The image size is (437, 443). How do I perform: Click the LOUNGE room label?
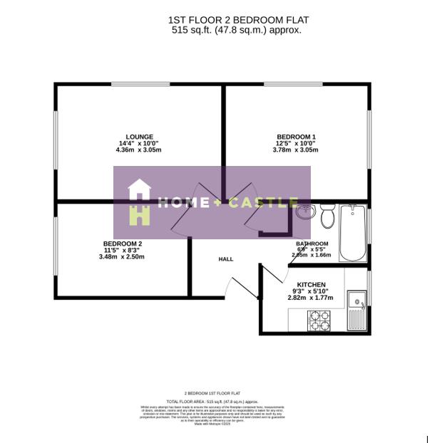pyautogui.click(x=140, y=137)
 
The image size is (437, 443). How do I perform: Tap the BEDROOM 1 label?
pyautogui.click(x=297, y=137)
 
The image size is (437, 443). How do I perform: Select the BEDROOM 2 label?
pyautogui.click(x=123, y=244)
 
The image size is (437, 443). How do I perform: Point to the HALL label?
pyautogui.click(x=226, y=259)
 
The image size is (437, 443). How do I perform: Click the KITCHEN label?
pyautogui.click(x=311, y=285)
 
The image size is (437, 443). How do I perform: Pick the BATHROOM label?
pyautogui.click(x=312, y=244)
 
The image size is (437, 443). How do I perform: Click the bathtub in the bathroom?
pyautogui.click(x=352, y=233)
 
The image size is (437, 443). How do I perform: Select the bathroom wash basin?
pyautogui.click(x=305, y=212)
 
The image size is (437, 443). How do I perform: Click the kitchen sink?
pyautogui.click(x=356, y=310)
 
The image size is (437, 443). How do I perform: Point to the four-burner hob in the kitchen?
pyautogui.click(x=318, y=321)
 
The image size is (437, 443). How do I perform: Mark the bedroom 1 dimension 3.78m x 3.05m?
pyautogui.click(x=297, y=150)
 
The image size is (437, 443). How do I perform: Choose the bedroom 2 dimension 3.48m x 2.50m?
pyautogui.click(x=123, y=257)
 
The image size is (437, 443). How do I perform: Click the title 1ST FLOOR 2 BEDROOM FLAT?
pyautogui.click(x=238, y=20)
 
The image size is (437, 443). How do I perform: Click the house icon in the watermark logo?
pyautogui.click(x=139, y=202)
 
